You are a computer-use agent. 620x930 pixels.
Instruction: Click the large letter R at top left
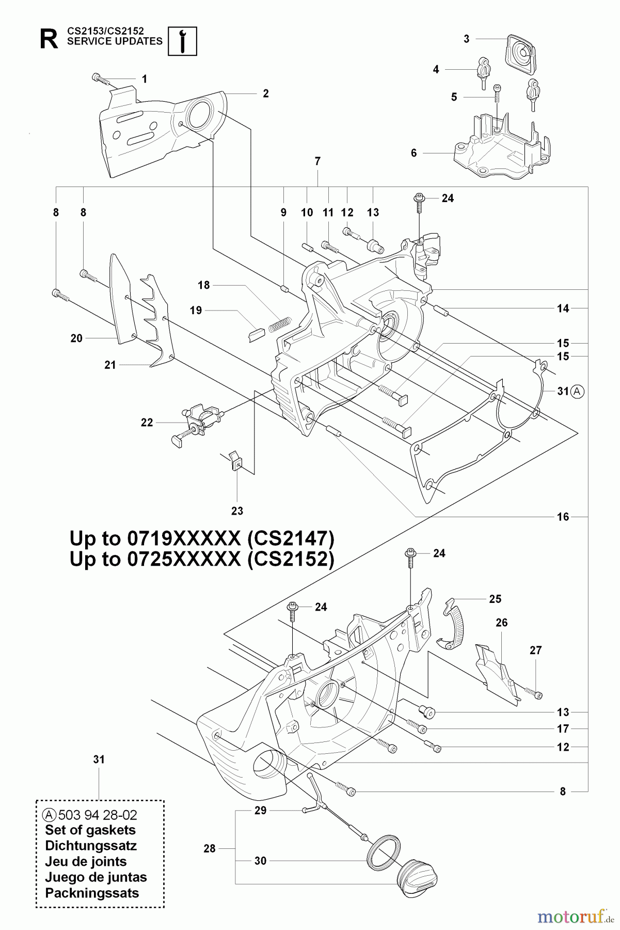coord(49,40)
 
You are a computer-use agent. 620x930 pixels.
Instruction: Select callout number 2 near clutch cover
coord(265,94)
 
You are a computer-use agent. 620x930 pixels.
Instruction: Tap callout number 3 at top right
coord(467,39)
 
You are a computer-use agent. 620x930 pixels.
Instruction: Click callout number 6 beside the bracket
coord(414,153)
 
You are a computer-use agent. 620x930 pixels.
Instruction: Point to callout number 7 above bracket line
coord(317,162)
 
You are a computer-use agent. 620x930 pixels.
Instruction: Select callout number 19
coord(196,311)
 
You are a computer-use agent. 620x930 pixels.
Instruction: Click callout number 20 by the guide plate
coord(76,338)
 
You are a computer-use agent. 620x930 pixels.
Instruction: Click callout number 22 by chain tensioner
coord(147,423)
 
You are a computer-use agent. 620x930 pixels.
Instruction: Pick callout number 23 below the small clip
coord(237,511)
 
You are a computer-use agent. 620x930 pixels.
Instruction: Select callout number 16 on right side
coord(563,517)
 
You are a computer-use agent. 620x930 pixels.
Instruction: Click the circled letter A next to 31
coord(578,392)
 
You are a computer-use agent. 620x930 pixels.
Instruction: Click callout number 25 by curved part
coord(495,599)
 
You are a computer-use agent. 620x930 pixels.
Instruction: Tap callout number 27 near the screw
coord(535,650)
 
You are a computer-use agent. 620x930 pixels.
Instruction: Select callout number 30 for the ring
coord(261,861)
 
